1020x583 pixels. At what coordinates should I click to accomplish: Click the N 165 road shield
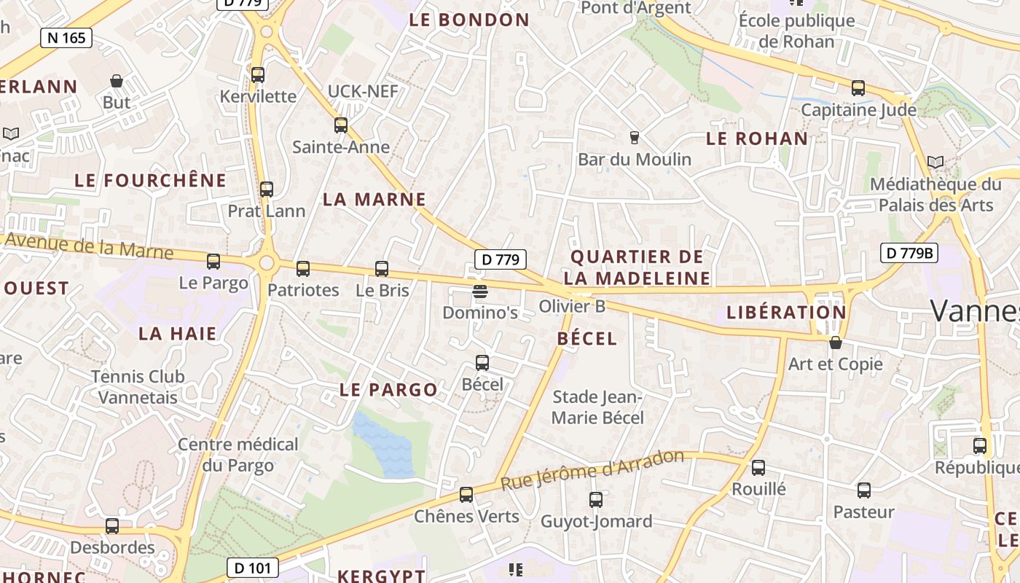(66, 38)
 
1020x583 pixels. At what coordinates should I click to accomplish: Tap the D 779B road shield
(909, 253)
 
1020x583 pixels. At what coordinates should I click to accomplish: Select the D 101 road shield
(252, 568)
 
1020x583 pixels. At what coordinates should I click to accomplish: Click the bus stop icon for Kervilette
(258, 75)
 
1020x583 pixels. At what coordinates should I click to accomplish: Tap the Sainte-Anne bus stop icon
(341, 125)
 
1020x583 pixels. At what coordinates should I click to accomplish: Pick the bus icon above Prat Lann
(267, 189)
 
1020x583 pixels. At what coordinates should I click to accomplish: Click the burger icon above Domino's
(479, 291)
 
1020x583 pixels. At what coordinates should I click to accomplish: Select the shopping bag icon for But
(116, 81)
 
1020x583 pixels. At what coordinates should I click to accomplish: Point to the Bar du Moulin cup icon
(634, 137)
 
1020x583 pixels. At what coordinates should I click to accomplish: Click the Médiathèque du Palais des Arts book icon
(935, 162)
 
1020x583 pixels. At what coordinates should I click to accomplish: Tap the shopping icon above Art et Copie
(836, 343)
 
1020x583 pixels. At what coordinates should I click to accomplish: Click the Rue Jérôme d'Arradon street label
(592, 470)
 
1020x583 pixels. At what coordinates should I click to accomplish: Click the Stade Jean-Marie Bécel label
(597, 407)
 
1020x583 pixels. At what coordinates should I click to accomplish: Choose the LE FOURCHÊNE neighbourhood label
(151, 180)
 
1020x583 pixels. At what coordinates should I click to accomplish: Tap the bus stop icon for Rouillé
(758, 468)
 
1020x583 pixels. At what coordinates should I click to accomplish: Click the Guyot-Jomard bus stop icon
(596, 500)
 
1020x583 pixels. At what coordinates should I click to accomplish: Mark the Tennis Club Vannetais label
(138, 387)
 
